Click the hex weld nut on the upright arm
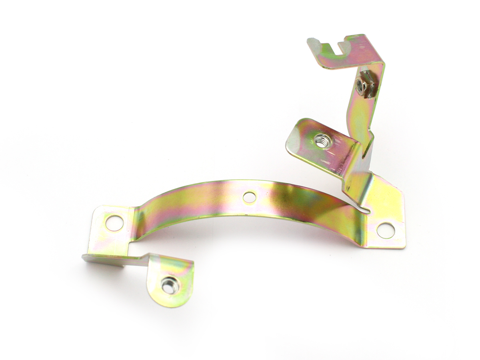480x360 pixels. [x=362, y=84]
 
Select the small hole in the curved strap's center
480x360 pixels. [x=249, y=197]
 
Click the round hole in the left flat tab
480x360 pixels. [x=114, y=223]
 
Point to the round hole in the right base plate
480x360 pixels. [x=386, y=230]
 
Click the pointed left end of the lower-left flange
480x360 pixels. [x=84, y=257]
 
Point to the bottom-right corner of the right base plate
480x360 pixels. [x=403, y=246]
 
